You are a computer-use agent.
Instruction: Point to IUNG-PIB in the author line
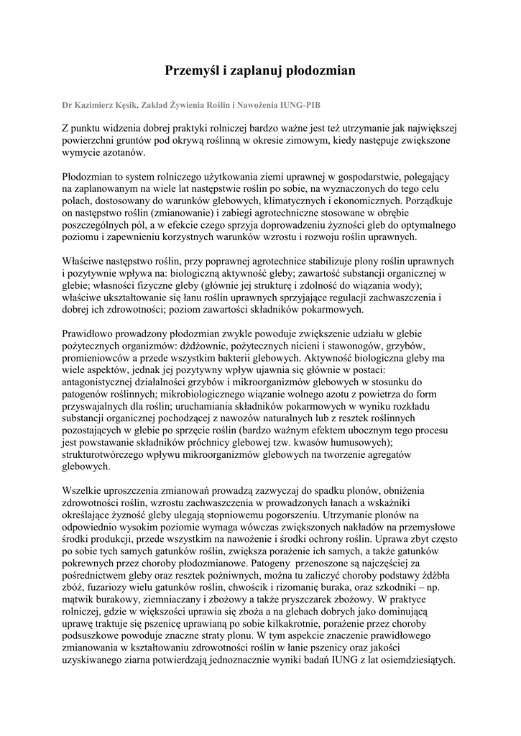click(303, 104)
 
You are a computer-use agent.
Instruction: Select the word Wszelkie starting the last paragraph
click(82, 490)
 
